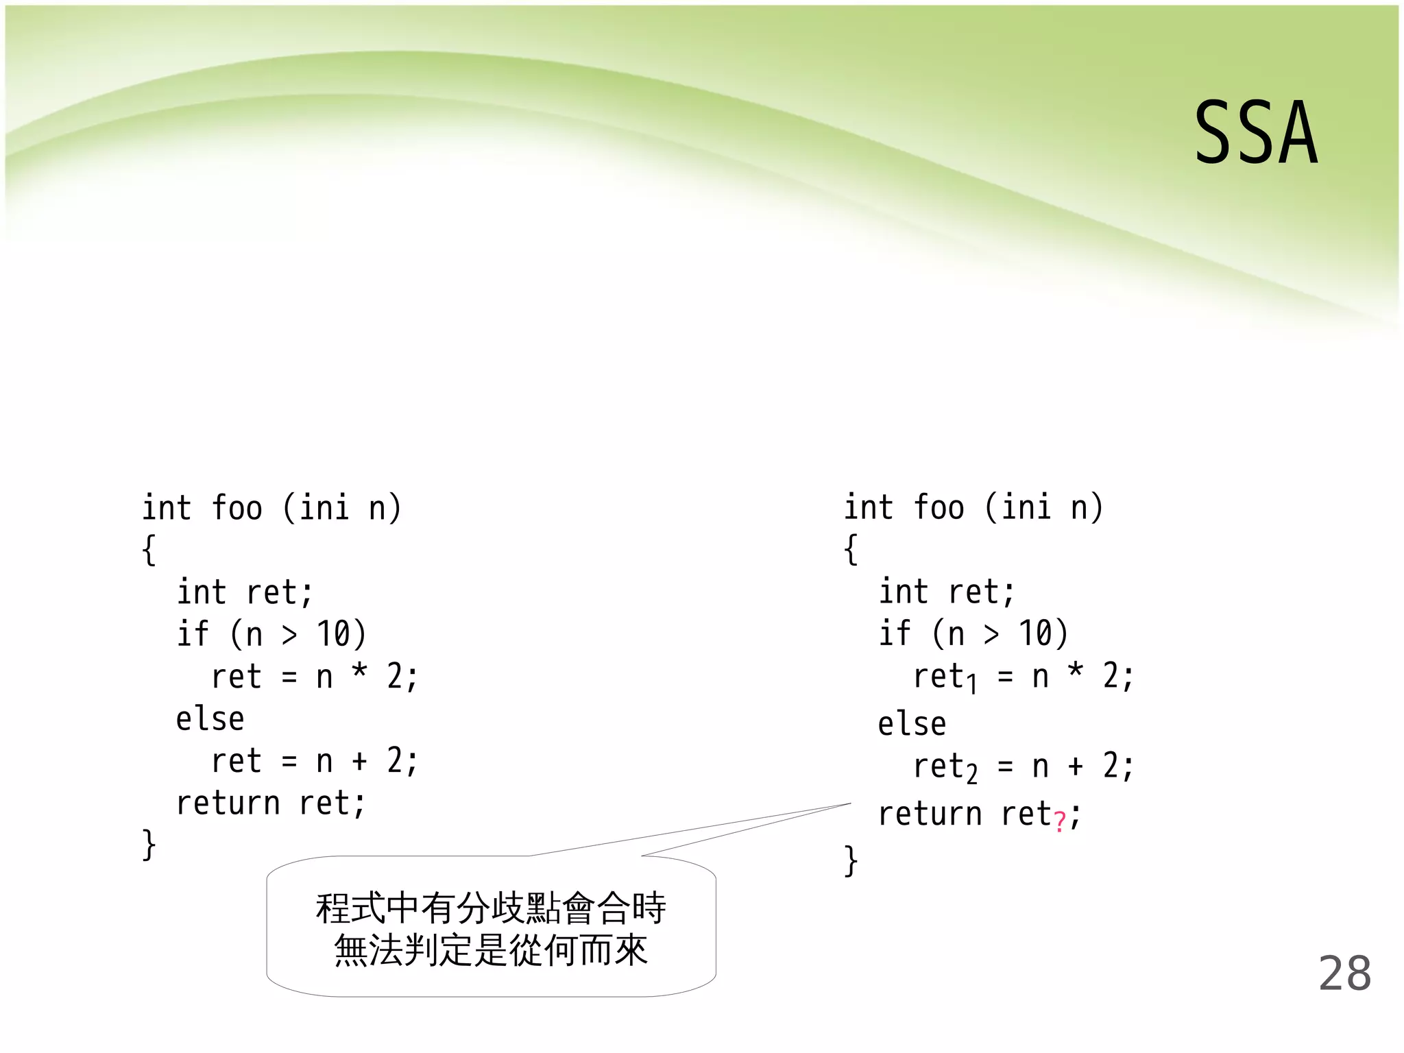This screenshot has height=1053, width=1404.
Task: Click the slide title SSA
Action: (x=1256, y=133)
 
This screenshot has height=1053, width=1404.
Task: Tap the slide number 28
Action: (x=1344, y=973)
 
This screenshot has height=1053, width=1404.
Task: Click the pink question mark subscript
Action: (x=1060, y=821)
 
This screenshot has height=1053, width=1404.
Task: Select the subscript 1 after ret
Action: (x=971, y=683)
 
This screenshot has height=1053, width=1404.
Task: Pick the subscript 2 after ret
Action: (x=971, y=774)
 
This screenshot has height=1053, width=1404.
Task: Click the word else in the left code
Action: (x=210, y=719)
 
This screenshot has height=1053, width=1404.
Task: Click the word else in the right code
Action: (x=912, y=724)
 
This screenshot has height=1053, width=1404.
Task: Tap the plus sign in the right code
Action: (x=1076, y=766)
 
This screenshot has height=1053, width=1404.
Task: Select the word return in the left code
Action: (x=228, y=803)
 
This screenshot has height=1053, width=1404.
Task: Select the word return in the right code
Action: (x=930, y=814)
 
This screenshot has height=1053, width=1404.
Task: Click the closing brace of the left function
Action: (x=149, y=845)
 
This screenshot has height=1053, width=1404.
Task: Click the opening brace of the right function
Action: (x=851, y=549)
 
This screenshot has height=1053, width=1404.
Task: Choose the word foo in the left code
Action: (x=237, y=508)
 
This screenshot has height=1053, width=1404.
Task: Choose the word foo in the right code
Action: (x=939, y=508)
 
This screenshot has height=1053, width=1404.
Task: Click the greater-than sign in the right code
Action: (x=991, y=634)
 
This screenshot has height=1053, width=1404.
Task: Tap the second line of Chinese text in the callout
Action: (x=491, y=951)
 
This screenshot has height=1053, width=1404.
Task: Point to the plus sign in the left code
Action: (x=359, y=761)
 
